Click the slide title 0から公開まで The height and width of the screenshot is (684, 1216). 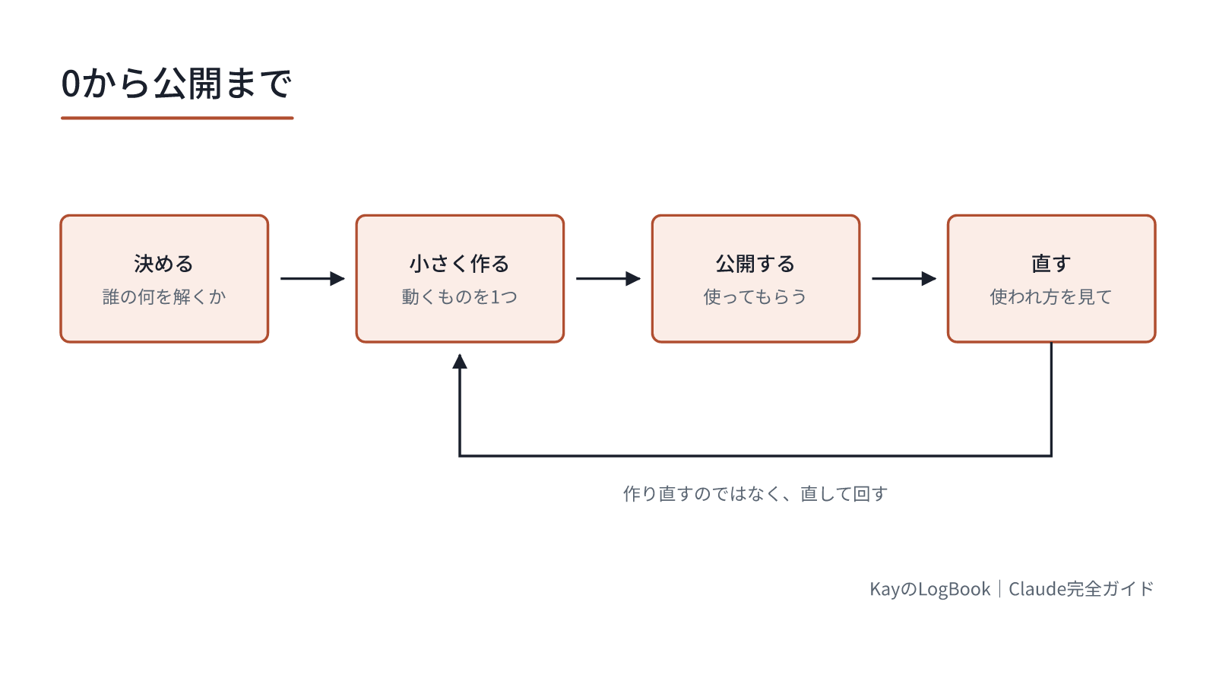tap(176, 84)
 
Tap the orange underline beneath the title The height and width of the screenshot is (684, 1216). tap(177, 118)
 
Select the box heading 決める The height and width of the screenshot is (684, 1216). tap(164, 264)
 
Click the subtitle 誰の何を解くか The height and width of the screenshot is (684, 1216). tap(164, 297)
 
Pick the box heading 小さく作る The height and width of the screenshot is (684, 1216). tap(460, 264)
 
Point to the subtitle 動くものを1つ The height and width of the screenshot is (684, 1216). tap(460, 297)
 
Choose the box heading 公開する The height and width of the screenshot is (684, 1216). tap(755, 264)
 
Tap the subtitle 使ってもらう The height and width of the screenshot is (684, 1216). tap(755, 297)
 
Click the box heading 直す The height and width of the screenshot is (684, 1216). tap(1052, 264)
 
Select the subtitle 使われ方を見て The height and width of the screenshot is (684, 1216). tap(1052, 297)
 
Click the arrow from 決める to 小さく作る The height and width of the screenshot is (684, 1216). tap(312, 278)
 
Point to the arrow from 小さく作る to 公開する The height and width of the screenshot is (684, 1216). tap(609, 278)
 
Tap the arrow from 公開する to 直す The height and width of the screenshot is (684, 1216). tap(904, 278)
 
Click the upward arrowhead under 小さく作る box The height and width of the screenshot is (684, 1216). tap(460, 362)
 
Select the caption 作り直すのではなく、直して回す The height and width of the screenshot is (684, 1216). tap(755, 494)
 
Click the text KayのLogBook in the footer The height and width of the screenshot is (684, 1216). tap(930, 589)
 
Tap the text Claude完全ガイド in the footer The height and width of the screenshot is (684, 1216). tap(1081, 589)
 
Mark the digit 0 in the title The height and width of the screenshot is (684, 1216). tap(71, 84)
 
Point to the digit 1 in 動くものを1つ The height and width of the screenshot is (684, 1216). tap(495, 297)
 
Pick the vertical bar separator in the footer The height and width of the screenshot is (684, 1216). tap(999, 589)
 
